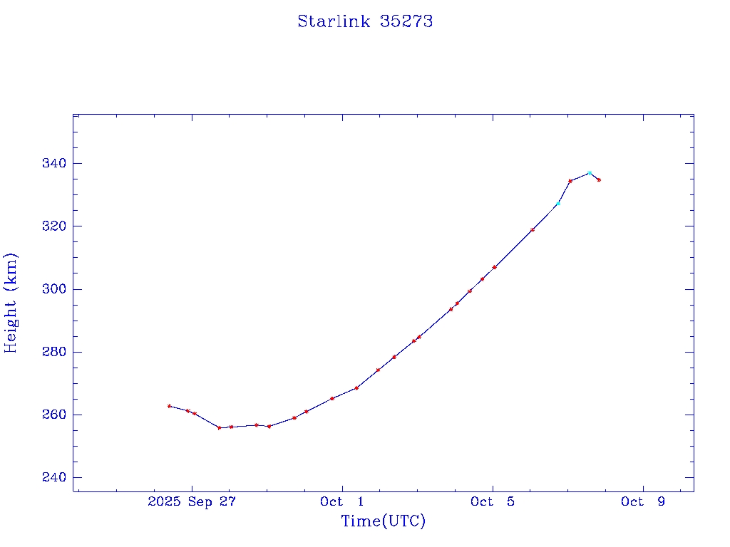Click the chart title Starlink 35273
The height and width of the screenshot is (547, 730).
[365, 21]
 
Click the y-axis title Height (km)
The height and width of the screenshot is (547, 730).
[11, 303]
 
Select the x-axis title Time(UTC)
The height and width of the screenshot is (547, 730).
[383, 521]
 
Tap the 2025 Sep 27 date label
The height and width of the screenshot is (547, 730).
[191, 501]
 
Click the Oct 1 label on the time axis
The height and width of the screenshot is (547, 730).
[341, 501]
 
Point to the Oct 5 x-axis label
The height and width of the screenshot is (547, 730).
[492, 501]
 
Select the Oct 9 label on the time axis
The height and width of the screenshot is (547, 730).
[642, 501]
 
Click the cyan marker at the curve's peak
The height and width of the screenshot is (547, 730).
[590, 173]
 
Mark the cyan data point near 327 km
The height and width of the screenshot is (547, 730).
[558, 204]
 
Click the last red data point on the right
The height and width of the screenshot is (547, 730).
[599, 180]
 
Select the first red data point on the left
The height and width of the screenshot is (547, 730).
[169, 406]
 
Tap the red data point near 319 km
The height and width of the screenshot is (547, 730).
[533, 230]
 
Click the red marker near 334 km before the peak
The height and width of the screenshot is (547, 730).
[570, 181]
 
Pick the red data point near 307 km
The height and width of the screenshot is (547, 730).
[494, 267]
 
